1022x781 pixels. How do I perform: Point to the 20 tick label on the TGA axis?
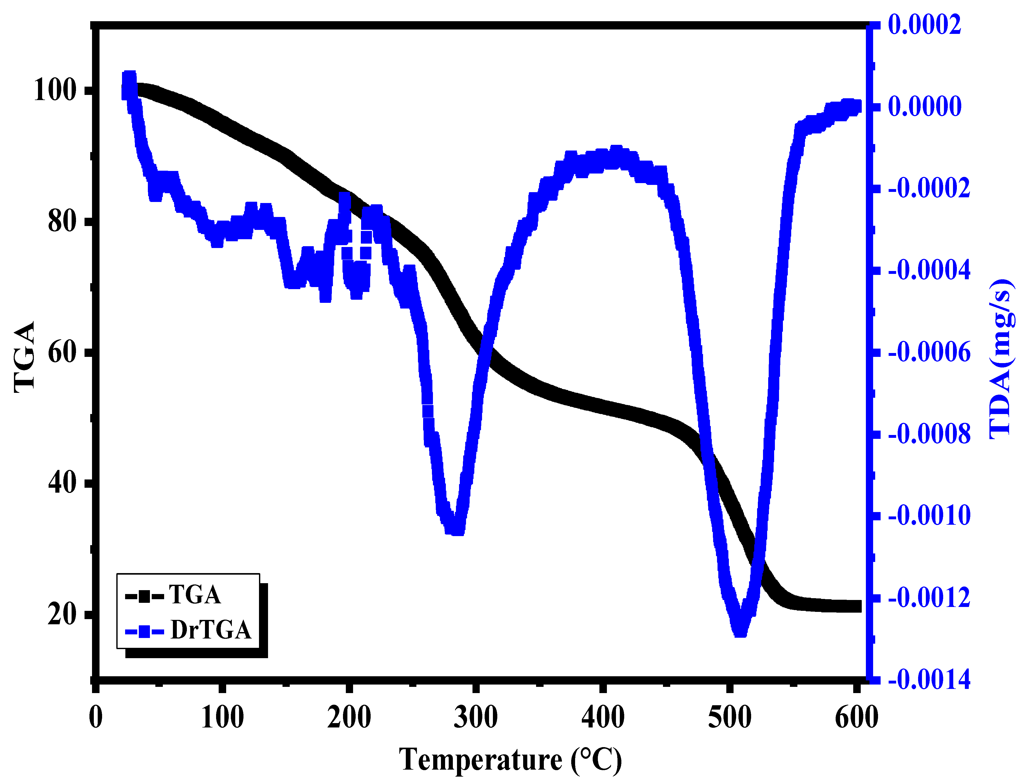pyautogui.click(x=62, y=614)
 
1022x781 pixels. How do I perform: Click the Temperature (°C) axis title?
pyautogui.click(x=510, y=760)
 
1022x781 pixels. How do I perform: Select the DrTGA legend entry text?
pyautogui.click(x=210, y=630)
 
